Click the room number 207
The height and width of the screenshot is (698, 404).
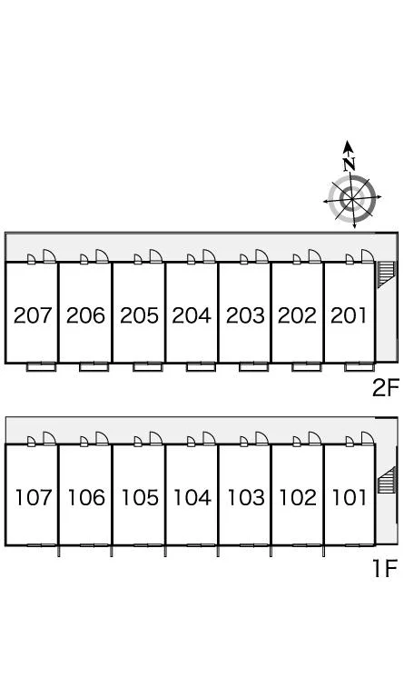tap(33, 315)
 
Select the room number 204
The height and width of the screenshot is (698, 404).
tap(192, 315)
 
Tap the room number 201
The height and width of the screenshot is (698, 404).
tap(349, 315)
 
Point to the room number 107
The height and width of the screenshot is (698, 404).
tap(34, 497)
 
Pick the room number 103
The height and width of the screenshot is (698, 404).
tap(246, 497)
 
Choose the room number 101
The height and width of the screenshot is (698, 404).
tap(350, 497)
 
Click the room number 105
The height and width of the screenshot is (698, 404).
tap(140, 497)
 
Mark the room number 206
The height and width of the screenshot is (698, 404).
tap(85, 315)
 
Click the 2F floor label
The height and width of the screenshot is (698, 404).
tap(386, 388)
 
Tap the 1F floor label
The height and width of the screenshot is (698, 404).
tap(384, 568)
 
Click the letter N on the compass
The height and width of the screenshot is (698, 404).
tap(350, 165)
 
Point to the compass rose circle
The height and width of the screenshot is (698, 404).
tap(352, 197)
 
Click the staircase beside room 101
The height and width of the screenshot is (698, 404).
tap(386, 480)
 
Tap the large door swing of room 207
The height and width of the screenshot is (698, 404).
tap(49, 256)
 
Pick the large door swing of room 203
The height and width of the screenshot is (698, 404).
tap(261, 256)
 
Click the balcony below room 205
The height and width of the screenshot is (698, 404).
tap(148, 367)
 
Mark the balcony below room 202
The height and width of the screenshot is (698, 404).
tap(307, 367)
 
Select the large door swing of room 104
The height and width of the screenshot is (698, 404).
tap(209, 438)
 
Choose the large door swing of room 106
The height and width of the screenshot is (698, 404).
tap(103, 438)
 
